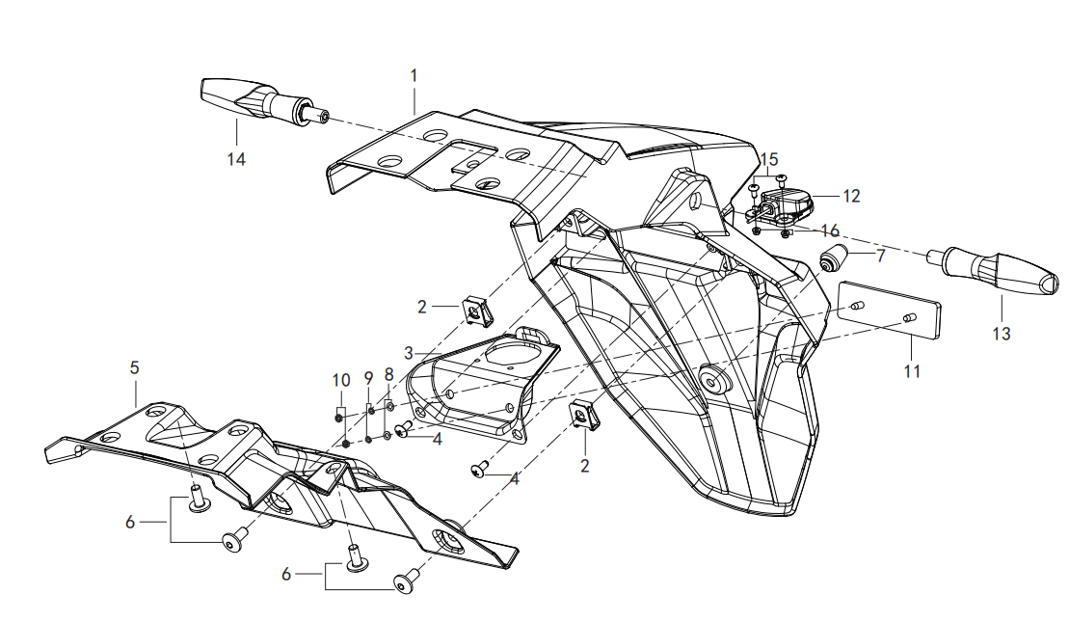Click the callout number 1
(x=414, y=75)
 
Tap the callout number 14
(x=236, y=159)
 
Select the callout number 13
(x=1002, y=334)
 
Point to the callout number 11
(x=912, y=371)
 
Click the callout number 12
(x=851, y=197)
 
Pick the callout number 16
(x=830, y=230)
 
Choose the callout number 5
(x=134, y=367)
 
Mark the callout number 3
(x=409, y=353)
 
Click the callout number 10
(x=341, y=380)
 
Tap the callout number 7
(x=881, y=256)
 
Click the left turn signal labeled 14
(x=265, y=103)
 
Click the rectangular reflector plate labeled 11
(x=889, y=311)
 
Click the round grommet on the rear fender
(x=712, y=378)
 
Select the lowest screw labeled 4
(x=480, y=469)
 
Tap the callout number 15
(x=769, y=159)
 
